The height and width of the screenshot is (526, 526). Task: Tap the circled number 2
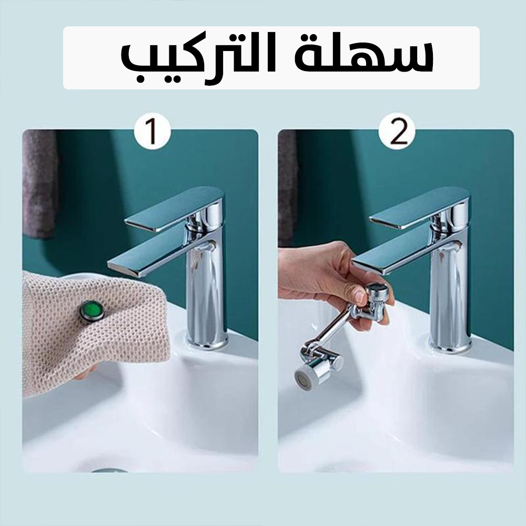(x=397, y=133)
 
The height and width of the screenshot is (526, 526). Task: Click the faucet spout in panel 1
(x=158, y=255)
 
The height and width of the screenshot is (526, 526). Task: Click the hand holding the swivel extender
(x=332, y=278)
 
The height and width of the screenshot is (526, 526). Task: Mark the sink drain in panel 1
(x=109, y=470)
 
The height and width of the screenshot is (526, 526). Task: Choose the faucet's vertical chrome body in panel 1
(x=204, y=295)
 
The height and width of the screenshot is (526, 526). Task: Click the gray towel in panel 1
(x=39, y=184)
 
